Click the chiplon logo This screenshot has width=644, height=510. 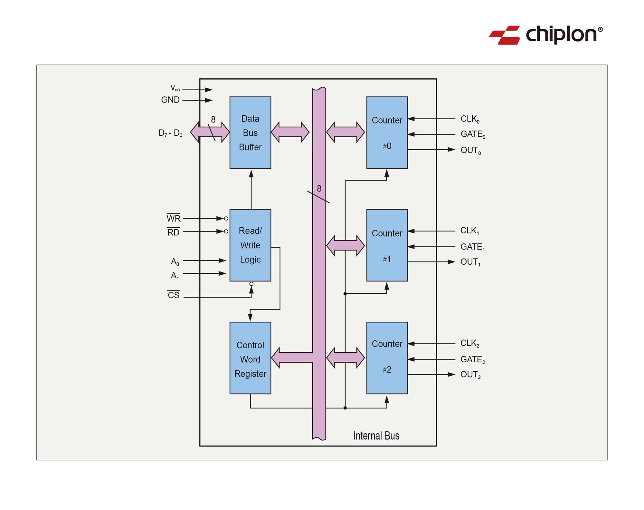point(545,35)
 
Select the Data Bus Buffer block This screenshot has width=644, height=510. point(250,132)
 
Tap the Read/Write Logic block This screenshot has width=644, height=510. point(250,245)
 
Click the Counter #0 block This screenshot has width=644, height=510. point(387,132)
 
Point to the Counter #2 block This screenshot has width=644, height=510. point(387,358)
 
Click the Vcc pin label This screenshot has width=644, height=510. point(175,88)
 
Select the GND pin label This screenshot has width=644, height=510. point(170,100)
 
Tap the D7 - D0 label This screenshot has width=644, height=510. point(170,133)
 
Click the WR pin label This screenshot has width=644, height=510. point(174,219)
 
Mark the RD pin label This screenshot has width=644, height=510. point(173,232)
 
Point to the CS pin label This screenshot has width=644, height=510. point(174,295)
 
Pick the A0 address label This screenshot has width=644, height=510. point(175,261)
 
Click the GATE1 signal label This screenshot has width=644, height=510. point(472,247)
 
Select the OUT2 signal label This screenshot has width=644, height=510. point(470,375)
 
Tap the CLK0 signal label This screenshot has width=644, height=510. point(470,119)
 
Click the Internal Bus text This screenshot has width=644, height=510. point(376,436)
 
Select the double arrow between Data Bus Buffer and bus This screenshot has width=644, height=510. point(290,132)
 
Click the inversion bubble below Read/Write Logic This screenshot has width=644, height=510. point(251,284)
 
